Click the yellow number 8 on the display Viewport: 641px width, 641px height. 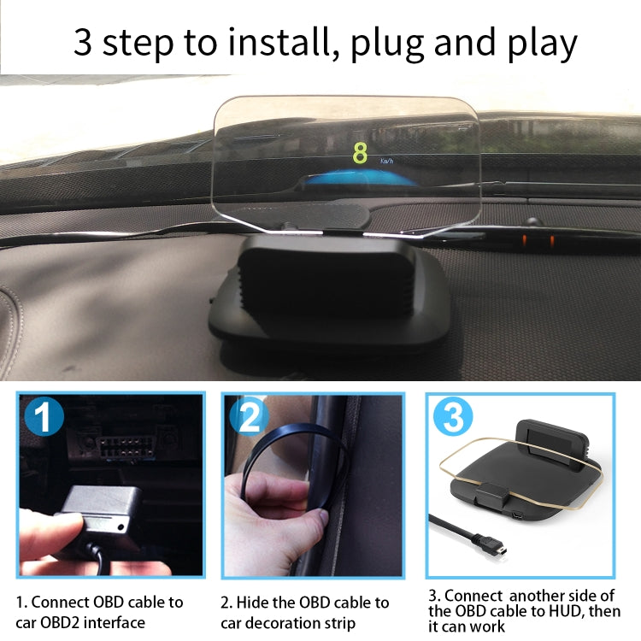[360, 153]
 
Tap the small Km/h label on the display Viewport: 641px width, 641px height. [387, 161]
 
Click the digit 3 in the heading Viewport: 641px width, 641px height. [83, 43]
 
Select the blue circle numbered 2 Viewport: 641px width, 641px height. [249, 419]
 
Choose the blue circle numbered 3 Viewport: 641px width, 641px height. [454, 419]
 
